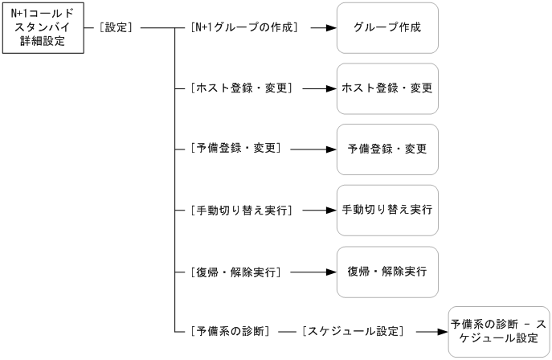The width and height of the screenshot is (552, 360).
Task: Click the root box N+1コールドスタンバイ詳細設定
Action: (43, 28)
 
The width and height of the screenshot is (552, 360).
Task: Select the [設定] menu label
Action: (117, 27)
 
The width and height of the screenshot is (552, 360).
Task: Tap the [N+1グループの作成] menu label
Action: (244, 27)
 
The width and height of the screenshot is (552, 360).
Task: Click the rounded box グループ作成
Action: (387, 27)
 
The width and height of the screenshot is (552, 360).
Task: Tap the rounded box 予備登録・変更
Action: (387, 149)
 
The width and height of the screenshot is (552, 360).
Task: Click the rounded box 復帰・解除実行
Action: (387, 272)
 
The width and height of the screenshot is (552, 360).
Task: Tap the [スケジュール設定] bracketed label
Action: (352, 331)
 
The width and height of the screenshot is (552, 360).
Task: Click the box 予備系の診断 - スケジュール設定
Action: (498, 331)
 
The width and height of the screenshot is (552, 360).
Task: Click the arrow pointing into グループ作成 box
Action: (321, 27)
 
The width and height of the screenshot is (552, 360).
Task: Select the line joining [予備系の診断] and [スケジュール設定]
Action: (287, 331)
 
